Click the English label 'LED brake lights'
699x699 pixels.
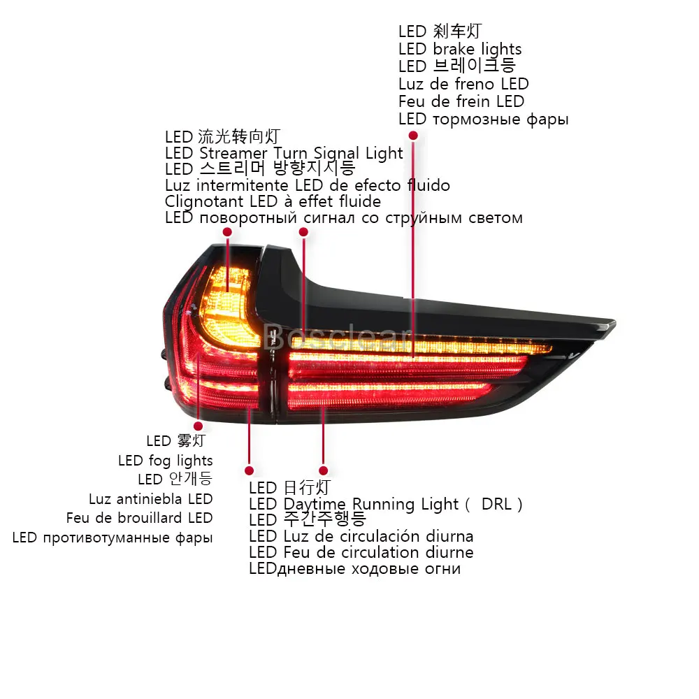tap(460, 49)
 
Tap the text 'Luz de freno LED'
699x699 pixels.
tap(463, 84)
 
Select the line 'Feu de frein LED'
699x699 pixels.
tap(461, 101)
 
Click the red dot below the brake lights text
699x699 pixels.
tap(413, 135)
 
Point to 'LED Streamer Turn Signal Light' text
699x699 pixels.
tap(284, 153)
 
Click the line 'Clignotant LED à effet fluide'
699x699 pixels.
tap(273, 201)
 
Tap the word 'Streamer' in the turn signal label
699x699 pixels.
tap(233, 153)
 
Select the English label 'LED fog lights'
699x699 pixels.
tap(166, 461)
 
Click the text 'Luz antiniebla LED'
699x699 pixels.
tap(151, 499)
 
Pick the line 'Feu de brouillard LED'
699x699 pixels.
tap(140, 518)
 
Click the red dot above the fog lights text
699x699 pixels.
tap(199, 426)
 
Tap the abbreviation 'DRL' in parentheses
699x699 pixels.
tap(496, 504)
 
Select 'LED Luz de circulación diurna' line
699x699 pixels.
tap(361, 536)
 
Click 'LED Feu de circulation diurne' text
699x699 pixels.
tap(361, 552)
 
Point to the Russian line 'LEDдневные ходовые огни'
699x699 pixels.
tap(354, 569)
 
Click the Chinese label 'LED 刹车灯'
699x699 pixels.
tap(440, 31)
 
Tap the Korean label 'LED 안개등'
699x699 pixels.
tap(175, 480)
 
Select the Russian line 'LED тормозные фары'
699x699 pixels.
tap(484, 120)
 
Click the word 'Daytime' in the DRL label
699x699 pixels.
tap(315, 505)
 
